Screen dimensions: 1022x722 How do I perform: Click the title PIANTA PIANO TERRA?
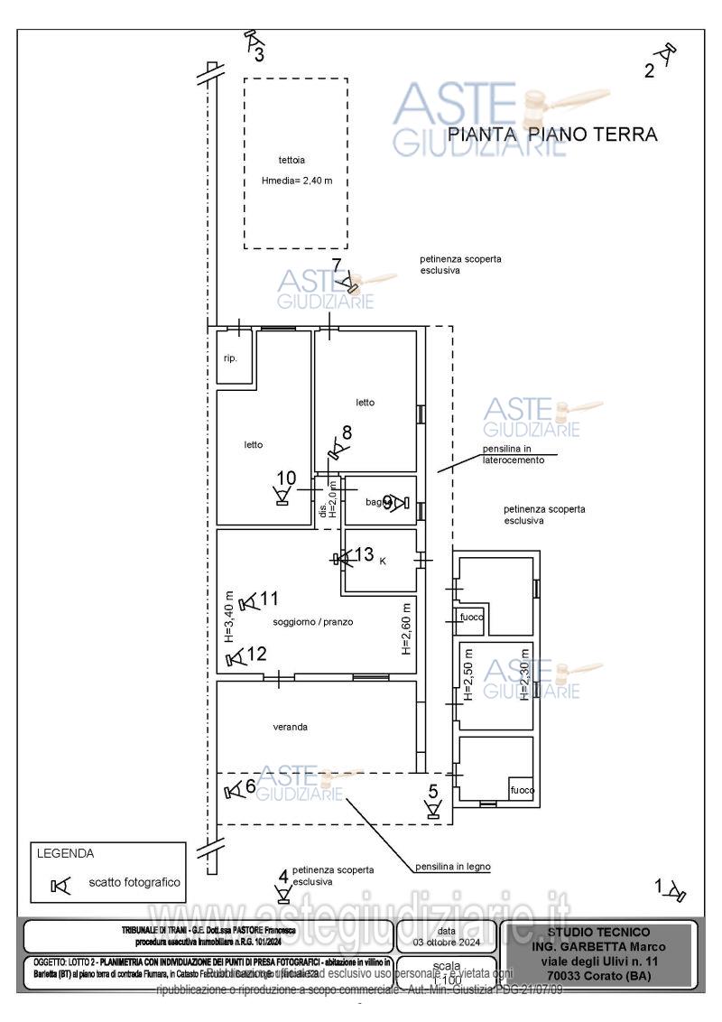[552, 135]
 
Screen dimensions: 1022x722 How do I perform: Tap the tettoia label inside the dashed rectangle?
[292, 160]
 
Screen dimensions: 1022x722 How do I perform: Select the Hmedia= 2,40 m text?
[297, 181]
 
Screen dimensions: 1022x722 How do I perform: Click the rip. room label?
[230, 358]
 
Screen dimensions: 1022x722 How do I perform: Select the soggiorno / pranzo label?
[312, 622]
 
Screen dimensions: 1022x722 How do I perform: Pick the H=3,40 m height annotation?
[228, 616]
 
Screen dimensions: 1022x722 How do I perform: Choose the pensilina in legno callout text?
[453, 867]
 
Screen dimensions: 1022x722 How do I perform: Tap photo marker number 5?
[434, 802]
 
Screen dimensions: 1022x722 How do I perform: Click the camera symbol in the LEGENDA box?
[60, 886]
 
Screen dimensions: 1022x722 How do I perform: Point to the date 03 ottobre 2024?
[446, 941]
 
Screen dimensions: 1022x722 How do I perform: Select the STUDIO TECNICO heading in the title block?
[597, 932]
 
